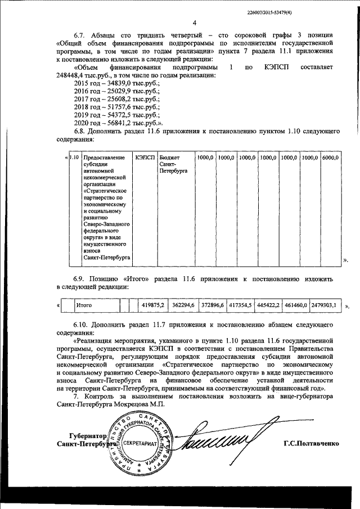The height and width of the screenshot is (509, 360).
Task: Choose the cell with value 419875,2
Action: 153,305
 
